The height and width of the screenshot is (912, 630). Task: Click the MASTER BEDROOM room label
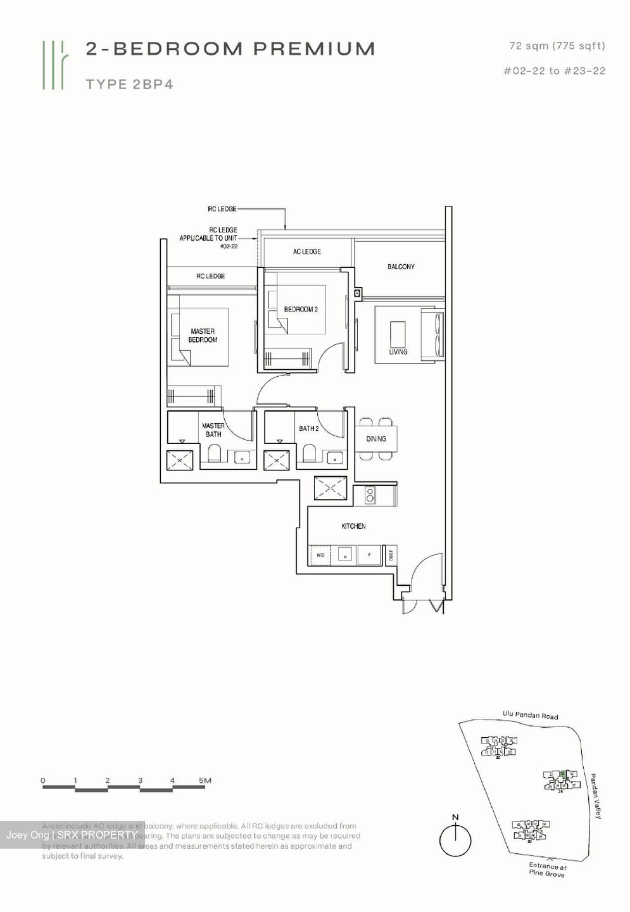coord(203,336)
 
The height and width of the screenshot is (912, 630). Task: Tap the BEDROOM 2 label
coord(301,309)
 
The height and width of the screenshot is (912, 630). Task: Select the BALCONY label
coord(401,267)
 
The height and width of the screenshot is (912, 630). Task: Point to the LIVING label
coord(398,351)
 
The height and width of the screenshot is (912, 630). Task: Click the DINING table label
coord(376,438)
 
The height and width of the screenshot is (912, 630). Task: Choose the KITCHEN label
coord(353,526)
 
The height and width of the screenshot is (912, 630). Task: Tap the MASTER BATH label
coord(213,430)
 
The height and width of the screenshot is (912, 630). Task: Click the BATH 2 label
coord(308,429)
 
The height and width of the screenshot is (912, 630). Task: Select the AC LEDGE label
coord(306,251)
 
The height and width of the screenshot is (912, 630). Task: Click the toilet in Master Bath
coord(214,453)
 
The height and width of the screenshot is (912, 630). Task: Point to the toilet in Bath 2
coord(309,453)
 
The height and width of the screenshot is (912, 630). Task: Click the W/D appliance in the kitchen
coord(320,555)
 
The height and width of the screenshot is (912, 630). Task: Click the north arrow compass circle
coord(455,842)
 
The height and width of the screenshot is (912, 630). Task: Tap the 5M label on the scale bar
coord(205,780)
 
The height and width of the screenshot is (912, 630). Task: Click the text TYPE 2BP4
coord(130,84)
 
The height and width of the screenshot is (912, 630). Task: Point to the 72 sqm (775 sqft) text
coord(557,46)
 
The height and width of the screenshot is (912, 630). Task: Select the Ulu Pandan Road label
coord(531,715)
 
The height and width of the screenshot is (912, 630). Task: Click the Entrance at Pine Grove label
coord(547,870)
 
